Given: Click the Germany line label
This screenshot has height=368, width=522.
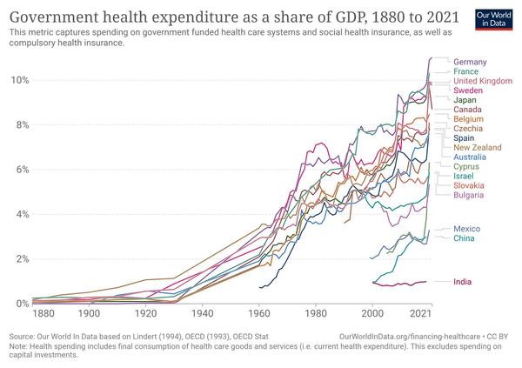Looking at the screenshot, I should click(x=470, y=62).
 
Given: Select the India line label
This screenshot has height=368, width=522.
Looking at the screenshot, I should click(x=464, y=282).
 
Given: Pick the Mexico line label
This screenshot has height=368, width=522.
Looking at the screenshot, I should click(x=468, y=229).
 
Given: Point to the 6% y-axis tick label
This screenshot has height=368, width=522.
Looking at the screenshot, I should click(x=19, y=170).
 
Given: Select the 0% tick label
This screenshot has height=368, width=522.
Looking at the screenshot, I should click(x=19, y=304).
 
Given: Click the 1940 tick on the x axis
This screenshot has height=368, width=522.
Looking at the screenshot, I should click(x=202, y=313).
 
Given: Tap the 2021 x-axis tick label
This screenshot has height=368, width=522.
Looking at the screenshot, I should click(x=422, y=313).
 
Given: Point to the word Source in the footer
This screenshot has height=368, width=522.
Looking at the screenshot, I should click(x=23, y=334).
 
